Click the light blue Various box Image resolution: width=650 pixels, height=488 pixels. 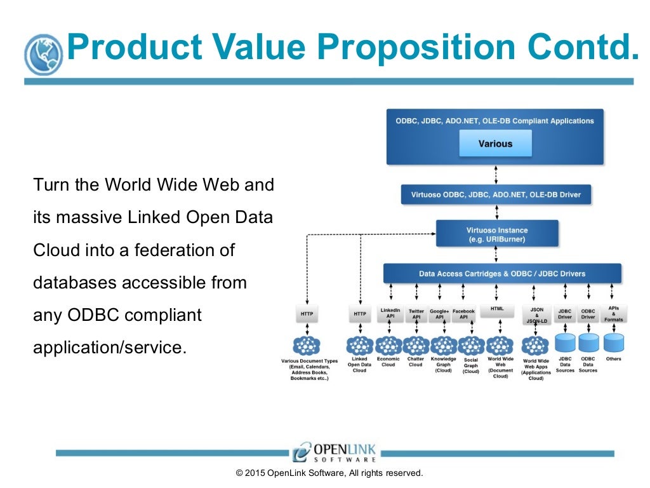click(x=495, y=144)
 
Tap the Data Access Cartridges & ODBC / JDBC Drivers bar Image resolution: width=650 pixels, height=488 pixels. click(x=502, y=274)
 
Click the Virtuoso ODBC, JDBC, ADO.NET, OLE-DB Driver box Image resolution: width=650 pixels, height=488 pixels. click(x=496, y=194)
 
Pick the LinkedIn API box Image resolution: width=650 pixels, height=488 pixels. click(x=390, y=313)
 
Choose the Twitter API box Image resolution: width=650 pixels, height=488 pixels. click(x=416, y=314)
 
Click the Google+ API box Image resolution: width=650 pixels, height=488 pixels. click(x=439, y=314)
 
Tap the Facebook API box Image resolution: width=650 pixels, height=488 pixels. click(x=464, y=314)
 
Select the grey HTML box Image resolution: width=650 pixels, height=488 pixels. click(x=497, y=309)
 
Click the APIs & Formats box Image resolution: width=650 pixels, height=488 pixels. click(x=613, y=313)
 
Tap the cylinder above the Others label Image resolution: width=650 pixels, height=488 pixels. click(x=613, y=344)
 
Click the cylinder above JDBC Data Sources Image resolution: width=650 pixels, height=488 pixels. click(x=565, y=344)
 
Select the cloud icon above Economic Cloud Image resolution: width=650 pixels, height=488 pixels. click(x=388, y=346)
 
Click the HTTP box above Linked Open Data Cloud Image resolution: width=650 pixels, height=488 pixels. click(x=360, y=314)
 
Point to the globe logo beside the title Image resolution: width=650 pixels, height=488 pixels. click(x=44, y=55)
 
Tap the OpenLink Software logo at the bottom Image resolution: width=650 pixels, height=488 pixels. click(x=335, y=452)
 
